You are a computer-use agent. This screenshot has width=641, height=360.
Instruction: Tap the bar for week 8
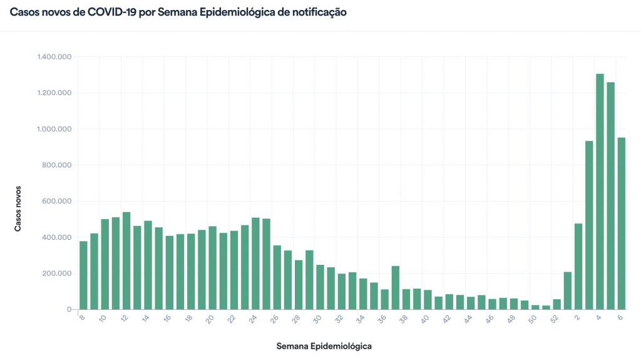pos(83,275)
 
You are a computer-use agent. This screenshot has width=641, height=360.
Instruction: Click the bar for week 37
pos(396,288)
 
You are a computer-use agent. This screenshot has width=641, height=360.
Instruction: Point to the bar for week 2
pos(578,267)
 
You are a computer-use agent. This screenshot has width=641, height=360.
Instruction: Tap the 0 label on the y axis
pos(71,310)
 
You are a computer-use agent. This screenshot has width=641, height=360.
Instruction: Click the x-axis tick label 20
pos(210,319)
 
